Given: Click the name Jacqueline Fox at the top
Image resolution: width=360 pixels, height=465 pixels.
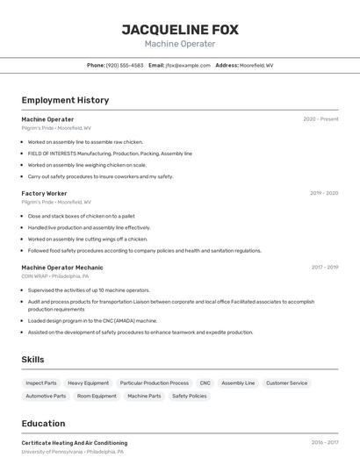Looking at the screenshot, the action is click(179, 30).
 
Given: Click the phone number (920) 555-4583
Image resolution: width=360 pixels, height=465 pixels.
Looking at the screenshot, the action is click(125, 66).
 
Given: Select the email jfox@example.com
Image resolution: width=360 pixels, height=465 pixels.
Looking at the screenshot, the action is click(182, 66).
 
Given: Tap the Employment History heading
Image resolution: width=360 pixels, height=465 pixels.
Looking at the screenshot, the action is click(65, 100).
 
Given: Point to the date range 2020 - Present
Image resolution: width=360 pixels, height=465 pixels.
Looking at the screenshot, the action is click(320, 119).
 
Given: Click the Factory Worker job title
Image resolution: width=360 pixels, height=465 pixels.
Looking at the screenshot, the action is click(44, 193).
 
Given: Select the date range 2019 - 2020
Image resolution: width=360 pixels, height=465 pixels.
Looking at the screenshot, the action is click(324, 193).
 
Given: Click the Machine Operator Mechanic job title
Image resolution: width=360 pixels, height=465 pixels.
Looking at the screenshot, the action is click(62, 268).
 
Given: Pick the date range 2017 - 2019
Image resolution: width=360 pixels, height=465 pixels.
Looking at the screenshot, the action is click(324, 268).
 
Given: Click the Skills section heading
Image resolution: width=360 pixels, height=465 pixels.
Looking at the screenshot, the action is click(32, 360).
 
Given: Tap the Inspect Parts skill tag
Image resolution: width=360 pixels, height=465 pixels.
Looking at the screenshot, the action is click(41, 383).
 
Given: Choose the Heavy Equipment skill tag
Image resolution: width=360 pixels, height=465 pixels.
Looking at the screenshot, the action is click(89, 383).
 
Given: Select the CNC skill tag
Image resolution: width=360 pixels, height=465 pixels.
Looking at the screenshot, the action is click(205, 383).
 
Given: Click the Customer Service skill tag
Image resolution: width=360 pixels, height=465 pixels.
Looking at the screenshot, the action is click(286, 383).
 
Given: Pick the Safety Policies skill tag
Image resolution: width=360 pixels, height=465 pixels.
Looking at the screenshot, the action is click(190, 397).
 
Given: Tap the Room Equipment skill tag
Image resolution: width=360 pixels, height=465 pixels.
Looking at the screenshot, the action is click(97, 397).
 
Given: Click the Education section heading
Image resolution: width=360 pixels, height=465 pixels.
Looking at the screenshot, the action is click(43, 424).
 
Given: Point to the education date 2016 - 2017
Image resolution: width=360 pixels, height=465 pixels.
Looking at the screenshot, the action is click(324, 443).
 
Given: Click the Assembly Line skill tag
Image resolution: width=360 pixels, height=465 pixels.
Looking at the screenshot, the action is click(238, 383).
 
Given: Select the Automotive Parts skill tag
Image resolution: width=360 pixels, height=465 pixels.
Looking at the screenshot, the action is click(46, 397).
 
